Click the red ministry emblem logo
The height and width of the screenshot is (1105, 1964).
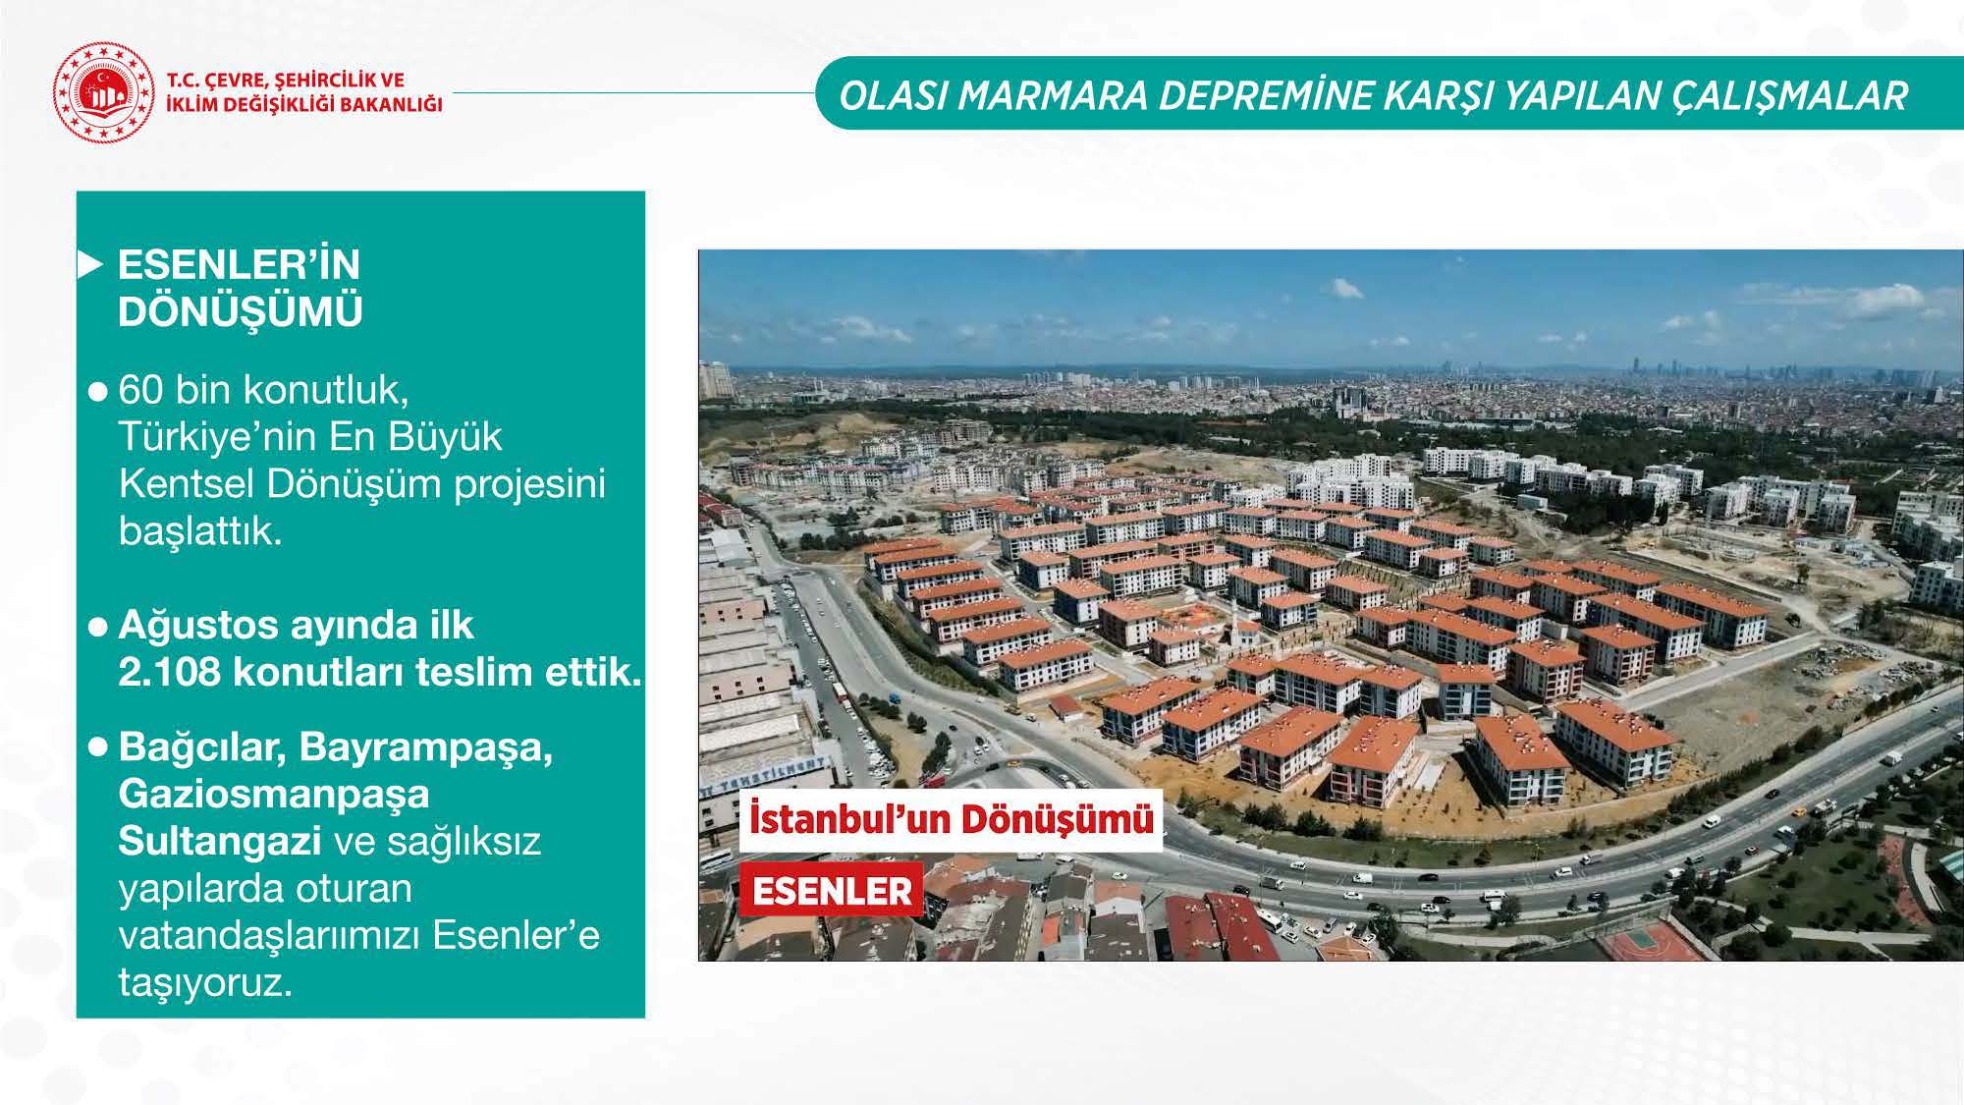[x=104, y=92]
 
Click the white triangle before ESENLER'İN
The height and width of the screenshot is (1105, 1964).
[x=90, y=265]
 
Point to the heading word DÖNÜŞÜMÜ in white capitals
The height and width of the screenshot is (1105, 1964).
[x=240, y=311]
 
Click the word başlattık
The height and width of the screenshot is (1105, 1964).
[x=199, y=531]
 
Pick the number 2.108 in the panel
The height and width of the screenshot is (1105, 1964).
[x=169, y=673]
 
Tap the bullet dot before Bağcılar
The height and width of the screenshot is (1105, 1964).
[x=97, y=747]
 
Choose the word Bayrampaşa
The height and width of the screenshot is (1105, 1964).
[x=426, y=747]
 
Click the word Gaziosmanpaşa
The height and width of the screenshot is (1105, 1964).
[x=274, y=794]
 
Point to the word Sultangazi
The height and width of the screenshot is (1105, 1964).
[x=220, y=841]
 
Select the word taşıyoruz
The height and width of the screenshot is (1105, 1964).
[x=205, y=982]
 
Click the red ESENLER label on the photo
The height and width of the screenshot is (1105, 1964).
[x=831, y=891]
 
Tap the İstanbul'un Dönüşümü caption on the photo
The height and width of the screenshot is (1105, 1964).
[x=951, y=819]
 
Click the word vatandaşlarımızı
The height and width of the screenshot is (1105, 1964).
[x=269, y=935]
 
